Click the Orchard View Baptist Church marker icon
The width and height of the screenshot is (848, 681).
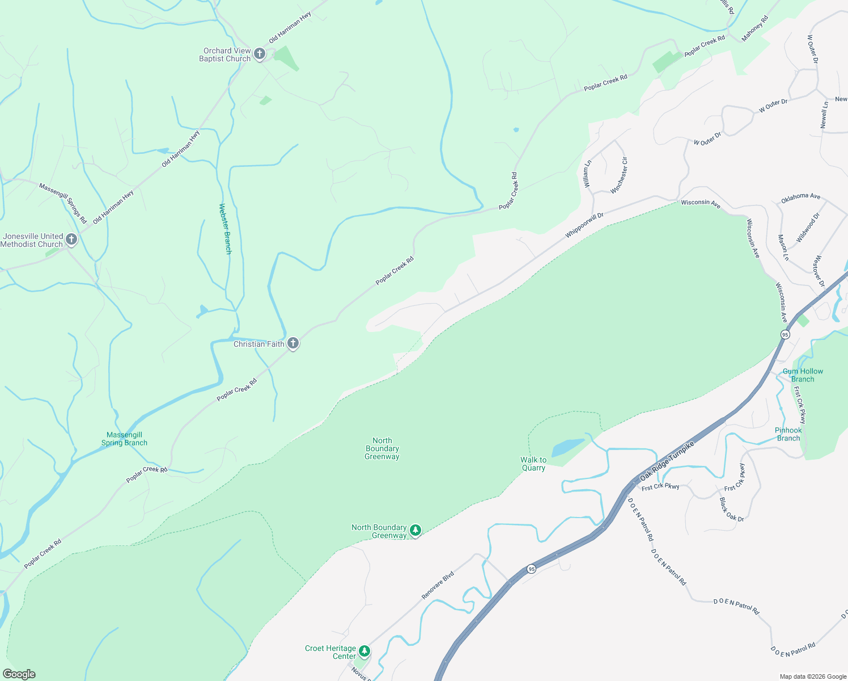coord(260,54)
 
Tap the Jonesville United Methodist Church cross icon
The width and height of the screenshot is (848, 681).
coord(71,239)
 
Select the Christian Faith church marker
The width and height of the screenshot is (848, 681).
coord(293,343)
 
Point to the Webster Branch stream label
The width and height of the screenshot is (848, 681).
coord(225,229)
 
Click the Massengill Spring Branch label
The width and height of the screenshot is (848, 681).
coord(124,439)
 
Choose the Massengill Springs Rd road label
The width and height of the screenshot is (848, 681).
coord(63,203)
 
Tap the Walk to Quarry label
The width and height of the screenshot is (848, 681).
coord(533,464)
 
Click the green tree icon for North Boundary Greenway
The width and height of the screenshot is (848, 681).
coord(415,531)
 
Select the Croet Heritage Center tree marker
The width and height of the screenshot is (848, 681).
coord(364,651)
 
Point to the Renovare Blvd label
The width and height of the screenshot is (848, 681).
coord(438,585)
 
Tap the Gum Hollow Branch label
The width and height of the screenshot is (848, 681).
coord(803,375)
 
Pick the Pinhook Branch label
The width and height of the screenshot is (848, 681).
coord(788,434)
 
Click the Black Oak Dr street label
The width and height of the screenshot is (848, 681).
coord(731,509)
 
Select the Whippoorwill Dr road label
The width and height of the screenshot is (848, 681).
coord(584,225)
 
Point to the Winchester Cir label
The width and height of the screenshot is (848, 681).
coord(619,175)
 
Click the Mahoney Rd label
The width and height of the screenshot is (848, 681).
coord(755,28)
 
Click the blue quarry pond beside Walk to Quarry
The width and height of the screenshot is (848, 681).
coord(567,447)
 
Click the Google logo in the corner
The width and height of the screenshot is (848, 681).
coord(19,674)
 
